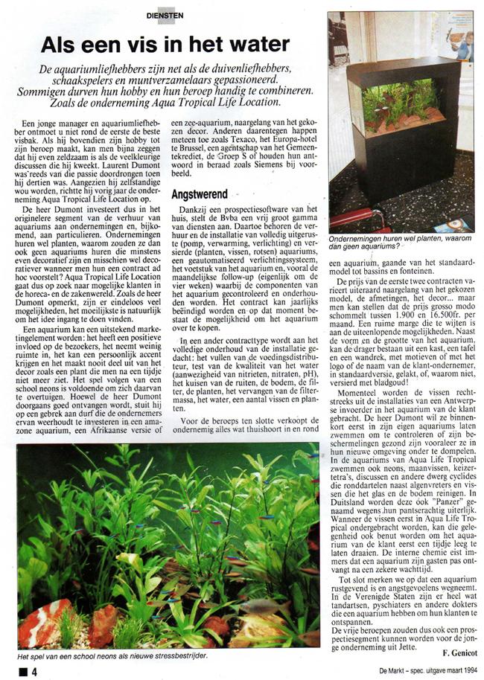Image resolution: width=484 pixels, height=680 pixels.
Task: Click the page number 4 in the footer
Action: point(34,670)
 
